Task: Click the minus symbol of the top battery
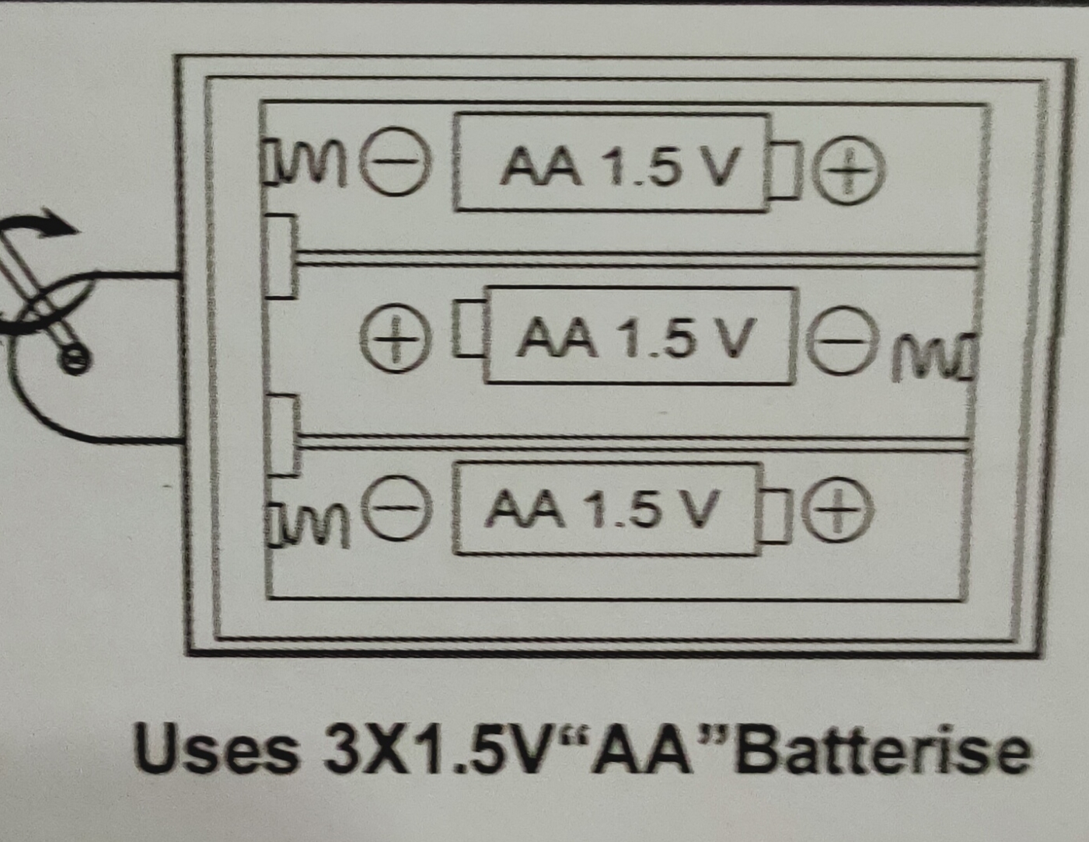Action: (x=396, y=162)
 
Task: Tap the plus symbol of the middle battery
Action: (x=396, y=339)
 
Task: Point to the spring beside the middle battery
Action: (x=934, y=357)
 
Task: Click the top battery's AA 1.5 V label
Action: (x=620, y=165)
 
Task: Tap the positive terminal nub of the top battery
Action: (x=785, y=169)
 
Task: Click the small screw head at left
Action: (x=75, y=359)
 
